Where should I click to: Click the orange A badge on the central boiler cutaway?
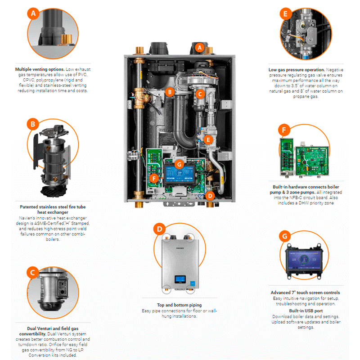201,46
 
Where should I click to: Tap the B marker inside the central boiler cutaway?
170,92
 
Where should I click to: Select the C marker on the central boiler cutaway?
200,94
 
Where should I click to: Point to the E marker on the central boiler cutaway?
208,139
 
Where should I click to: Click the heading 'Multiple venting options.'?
40,69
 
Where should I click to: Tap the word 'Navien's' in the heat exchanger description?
30,218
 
